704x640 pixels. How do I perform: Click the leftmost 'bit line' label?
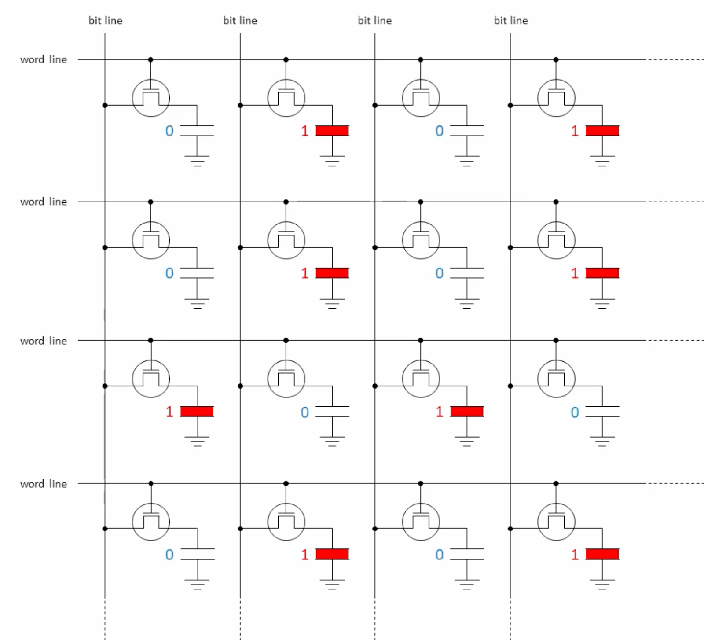click(106, 21)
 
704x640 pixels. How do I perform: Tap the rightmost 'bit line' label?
click(511, 21)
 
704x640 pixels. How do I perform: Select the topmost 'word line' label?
click(44, 59)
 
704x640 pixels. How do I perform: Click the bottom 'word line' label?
click(44, 484)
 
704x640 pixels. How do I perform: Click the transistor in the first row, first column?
click(151, 98)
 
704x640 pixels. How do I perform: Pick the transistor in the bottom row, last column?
click(556, 522)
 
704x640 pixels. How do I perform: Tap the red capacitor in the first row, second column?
click(332, 131)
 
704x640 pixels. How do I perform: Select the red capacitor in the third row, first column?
click(197, 412)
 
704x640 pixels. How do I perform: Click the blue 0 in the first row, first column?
click(169, 131)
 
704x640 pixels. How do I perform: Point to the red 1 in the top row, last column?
click(575, 131)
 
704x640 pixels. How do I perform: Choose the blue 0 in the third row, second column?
click(304, 412)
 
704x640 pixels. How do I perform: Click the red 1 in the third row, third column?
click(439, 412)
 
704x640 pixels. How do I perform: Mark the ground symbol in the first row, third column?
click(467, 161)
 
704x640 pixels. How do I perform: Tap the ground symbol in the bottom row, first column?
click(197, 584)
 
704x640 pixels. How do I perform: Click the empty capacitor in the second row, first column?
click(197, 273)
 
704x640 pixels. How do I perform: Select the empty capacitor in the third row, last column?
click(602, 412)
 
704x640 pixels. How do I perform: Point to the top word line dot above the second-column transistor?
click(286, 59)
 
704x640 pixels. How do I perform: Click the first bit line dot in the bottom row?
click(105, 528)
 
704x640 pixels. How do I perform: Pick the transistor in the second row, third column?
click(421, 240)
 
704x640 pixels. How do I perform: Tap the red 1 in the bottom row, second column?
click(304, 555)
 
